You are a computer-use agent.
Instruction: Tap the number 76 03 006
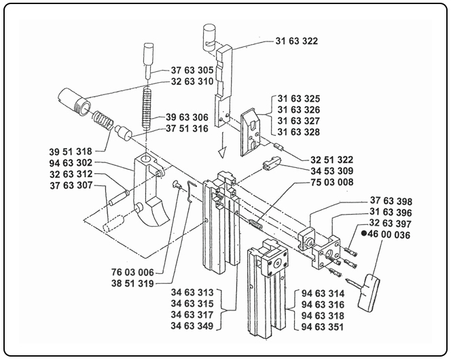tap(136, 271)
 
